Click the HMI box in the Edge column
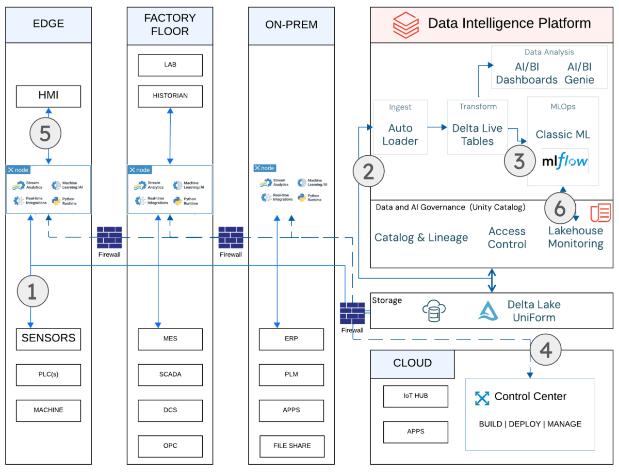[48, 96]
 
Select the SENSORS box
[48, 338]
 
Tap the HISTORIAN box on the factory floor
[170, 96]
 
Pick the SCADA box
[170, 374]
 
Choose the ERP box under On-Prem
[291, 339]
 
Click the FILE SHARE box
[291, 446]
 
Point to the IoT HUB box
[415, 396]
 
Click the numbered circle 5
[45, 134]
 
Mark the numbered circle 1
[32, 291]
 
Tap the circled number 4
[546, 351]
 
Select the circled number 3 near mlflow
[519, 161]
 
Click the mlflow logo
[565, 161]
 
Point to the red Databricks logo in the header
[405, 24]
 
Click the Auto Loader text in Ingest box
[400, 134]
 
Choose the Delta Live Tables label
[477, 134]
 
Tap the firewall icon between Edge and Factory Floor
[109, 237]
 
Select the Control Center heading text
[530, 397]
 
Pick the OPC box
[170, 446]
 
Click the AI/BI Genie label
[579, 73]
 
